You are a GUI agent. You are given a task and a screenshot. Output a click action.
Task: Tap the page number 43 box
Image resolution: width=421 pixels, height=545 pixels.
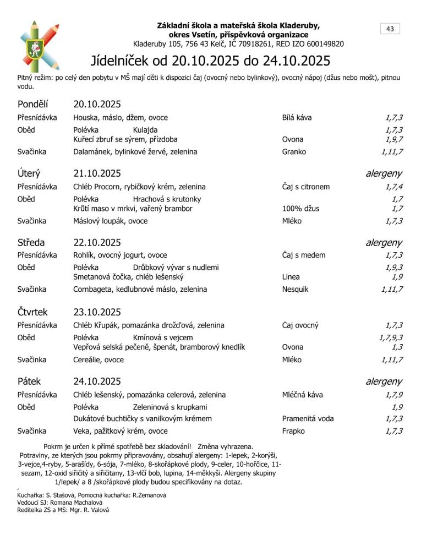pyautogui.click(x=390, y=29)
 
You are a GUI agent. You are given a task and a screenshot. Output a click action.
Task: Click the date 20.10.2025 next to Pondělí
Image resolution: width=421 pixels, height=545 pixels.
pyautogui.click(x=97, y=104)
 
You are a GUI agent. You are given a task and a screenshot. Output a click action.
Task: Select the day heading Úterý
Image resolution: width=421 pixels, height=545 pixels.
pyautogui.click(x=29, y=173)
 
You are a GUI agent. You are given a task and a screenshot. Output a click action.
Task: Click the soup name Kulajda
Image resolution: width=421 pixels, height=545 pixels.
pyautogui.click(x=145, y=130)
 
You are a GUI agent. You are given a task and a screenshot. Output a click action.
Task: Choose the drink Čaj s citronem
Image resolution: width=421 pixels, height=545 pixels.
pyautogui.click(x=306, y=187)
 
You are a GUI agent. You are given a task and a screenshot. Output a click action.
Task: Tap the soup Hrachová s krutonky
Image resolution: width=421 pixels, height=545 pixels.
pyautogui.click(x=167, y=199)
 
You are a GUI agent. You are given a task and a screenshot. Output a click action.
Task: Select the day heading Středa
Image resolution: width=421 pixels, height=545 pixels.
pyautogui.click(x=31, y=242)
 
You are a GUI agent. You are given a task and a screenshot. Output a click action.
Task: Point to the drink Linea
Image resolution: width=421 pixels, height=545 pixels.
pyautogui.click(x=291, y=277)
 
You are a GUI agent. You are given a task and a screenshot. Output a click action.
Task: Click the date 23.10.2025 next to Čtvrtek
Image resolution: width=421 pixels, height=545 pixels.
pyautogui.click(x=97, y=312)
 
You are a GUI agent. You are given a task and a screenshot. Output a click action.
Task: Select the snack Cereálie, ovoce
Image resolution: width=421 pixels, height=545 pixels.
pyautogui.click(x=99, y=359)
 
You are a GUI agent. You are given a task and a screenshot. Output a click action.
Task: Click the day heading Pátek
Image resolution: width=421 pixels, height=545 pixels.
pyautogui.click(x=29, y=381)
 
